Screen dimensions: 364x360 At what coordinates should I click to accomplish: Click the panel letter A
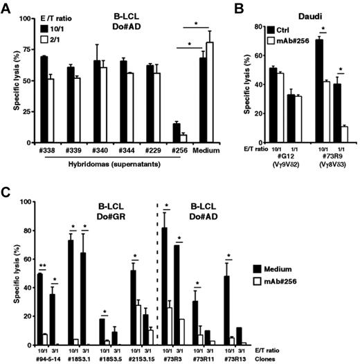pos(6,7)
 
